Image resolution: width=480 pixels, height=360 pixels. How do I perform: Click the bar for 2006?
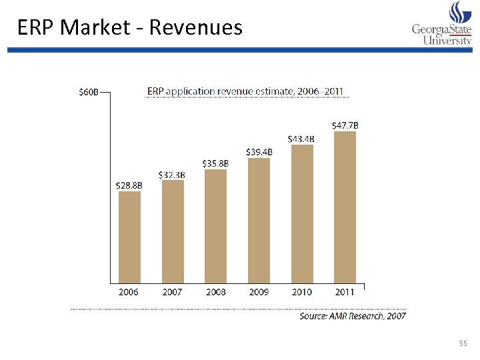point(129,237)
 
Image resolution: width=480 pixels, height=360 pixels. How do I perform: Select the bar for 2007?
point(173,231)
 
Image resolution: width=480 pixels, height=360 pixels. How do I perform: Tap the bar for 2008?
point(215,225)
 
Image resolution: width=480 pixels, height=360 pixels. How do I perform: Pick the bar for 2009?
point(259,220)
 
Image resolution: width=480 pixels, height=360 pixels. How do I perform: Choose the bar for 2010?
point(302,213)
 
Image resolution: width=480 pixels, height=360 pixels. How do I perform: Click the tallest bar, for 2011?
point(345,207)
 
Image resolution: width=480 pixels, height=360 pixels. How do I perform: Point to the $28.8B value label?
point(129,185)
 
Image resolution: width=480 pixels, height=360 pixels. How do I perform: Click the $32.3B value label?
point(172,175)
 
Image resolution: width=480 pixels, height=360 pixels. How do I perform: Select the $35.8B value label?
point(215,163)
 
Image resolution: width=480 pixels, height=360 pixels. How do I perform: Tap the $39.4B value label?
point(259,152)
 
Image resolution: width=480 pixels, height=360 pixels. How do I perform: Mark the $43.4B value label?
point(301,139)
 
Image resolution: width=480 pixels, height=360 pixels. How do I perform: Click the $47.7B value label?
point(345,125)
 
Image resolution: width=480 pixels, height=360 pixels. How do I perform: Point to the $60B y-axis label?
point(89,92)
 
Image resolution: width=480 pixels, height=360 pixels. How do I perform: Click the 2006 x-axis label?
point(129,292)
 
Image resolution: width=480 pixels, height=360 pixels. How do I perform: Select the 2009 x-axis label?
point(259,292)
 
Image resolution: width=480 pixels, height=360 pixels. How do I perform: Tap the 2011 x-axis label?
point(345,292)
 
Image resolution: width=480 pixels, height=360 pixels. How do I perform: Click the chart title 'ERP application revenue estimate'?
point(246,91)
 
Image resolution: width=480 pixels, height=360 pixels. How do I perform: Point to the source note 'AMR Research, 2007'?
point(352,315)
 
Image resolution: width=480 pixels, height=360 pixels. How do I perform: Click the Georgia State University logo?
point(441,24)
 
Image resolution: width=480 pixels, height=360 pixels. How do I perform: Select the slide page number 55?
point(463,343)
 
